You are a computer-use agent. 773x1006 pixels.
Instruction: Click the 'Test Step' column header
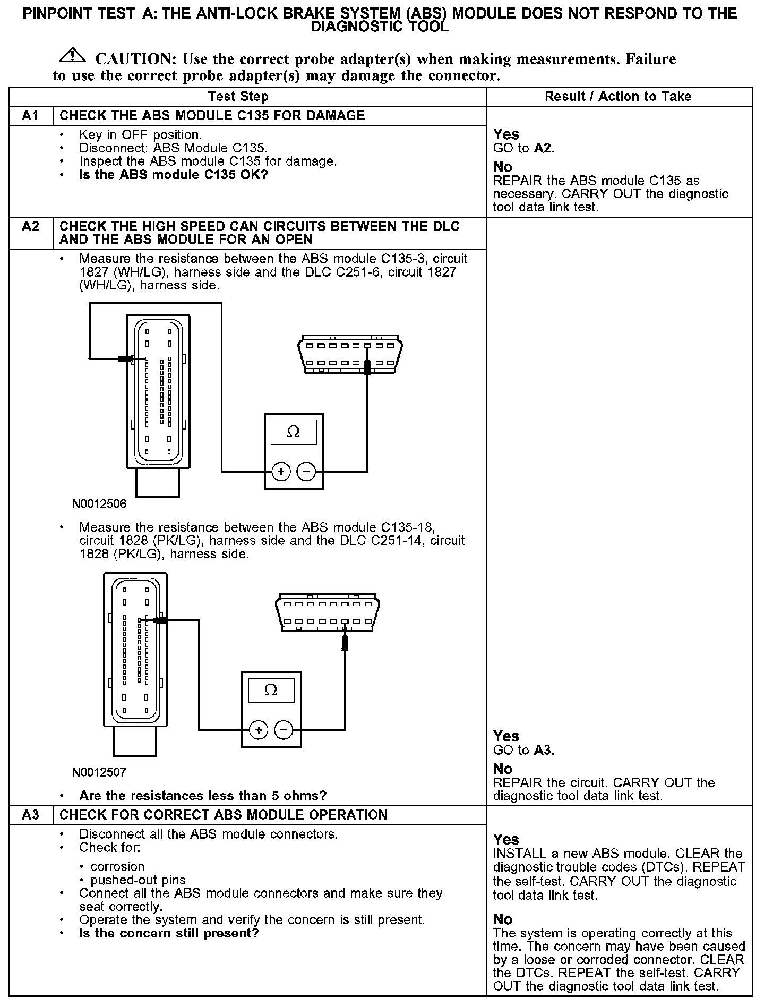click(238, 97)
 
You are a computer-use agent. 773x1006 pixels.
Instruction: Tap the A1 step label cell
click(31, 116)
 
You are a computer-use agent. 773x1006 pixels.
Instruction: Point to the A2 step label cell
click(31, 227)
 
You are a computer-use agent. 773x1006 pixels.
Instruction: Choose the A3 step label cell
click(31, 815)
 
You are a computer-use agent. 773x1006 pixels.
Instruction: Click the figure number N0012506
click(99, 504)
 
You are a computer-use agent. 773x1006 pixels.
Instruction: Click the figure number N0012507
click(99, 772)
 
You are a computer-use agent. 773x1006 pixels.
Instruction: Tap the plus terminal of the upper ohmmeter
click(281, 471)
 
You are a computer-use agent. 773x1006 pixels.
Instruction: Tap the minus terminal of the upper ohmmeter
click(305, 471)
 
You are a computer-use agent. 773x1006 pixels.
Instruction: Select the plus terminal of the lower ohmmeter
click(258, 730)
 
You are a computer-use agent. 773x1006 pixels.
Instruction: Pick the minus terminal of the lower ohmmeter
click(283, 730)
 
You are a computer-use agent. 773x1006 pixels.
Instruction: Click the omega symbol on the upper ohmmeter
click(293, 432)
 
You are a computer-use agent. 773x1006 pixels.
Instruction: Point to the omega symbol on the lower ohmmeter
click(271, 690)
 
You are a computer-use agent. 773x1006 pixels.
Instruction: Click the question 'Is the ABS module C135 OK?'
click(174, 175)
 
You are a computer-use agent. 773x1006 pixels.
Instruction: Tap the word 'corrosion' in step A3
click(117, 866)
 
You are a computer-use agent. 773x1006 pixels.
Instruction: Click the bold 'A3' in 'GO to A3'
click(543, 750)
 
